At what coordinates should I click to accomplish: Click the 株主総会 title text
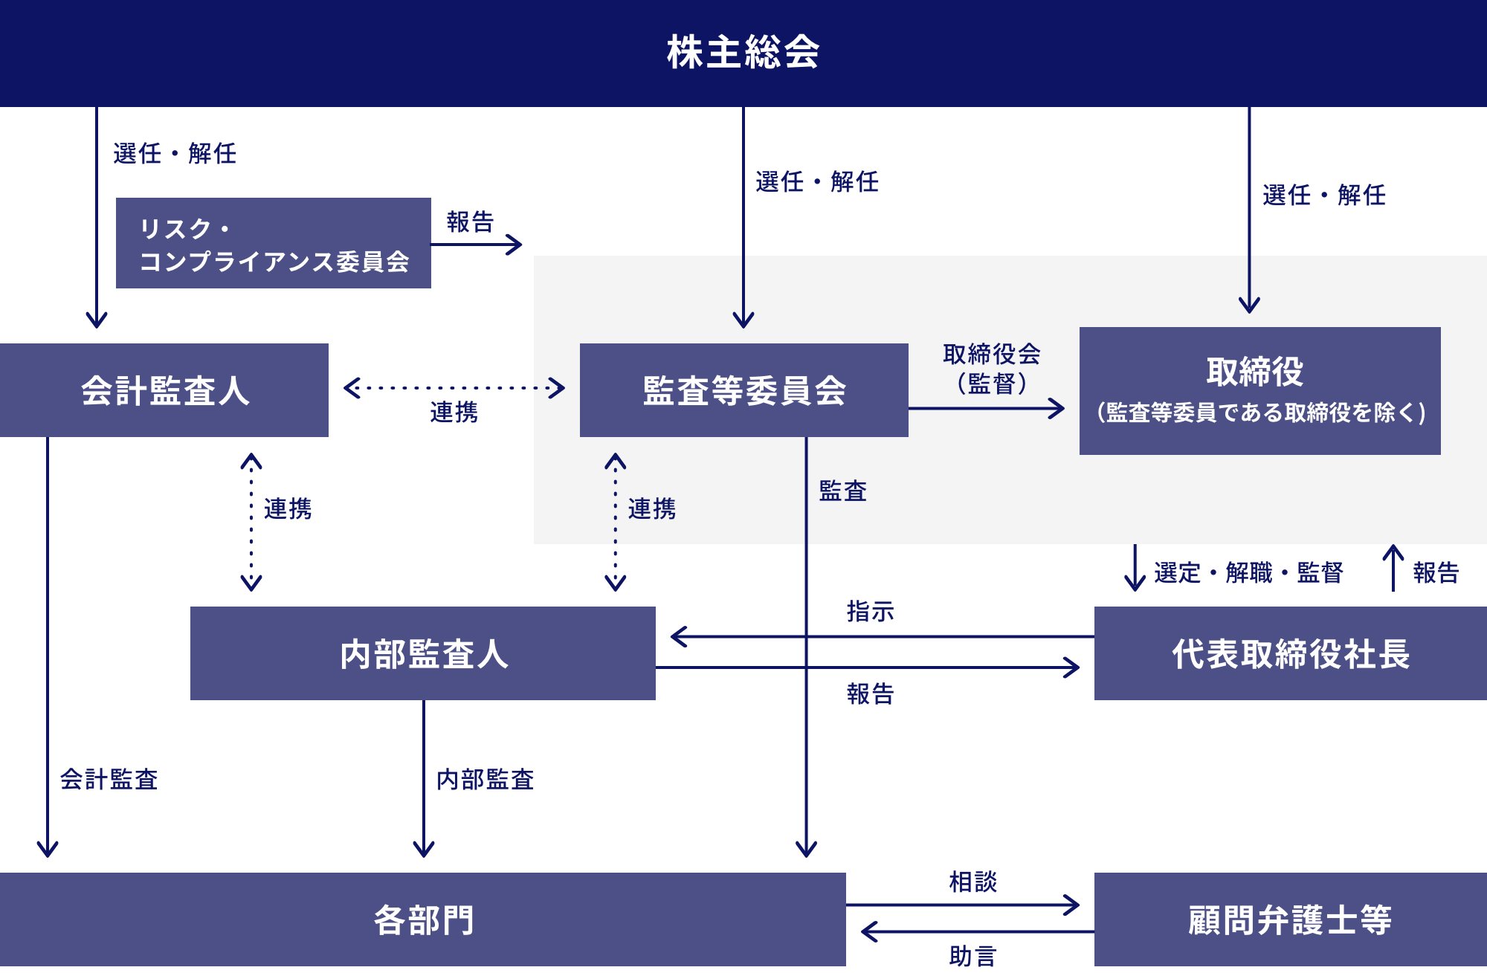coord(743,52)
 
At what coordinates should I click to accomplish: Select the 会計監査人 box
coord(164,390)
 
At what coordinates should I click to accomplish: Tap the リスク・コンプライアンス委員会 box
coord(274,244)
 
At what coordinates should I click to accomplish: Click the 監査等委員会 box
coord(743,390)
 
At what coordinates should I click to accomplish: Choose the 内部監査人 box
coord(423,653)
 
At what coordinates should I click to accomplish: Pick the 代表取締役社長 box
coord(1291,653)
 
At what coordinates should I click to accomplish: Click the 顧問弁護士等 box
coord(1291,919)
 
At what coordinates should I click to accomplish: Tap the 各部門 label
coord(423,919)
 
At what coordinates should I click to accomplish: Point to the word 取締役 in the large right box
coord(1254,372)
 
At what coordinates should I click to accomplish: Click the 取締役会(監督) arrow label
coord(992,368)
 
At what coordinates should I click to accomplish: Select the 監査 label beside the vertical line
coord(843,491)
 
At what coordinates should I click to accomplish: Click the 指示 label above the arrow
coord(870,612)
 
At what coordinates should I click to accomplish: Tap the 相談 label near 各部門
coord(972,882)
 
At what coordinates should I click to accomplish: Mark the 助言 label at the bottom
coord(972,956)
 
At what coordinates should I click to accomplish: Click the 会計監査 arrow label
coord(109,779)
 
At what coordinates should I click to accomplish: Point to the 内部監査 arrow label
coord(485,779)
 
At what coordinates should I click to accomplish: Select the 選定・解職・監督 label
coord(1248,572)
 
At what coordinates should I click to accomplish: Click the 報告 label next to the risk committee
coord(470,222)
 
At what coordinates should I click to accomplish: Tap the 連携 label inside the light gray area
coord(651,508)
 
